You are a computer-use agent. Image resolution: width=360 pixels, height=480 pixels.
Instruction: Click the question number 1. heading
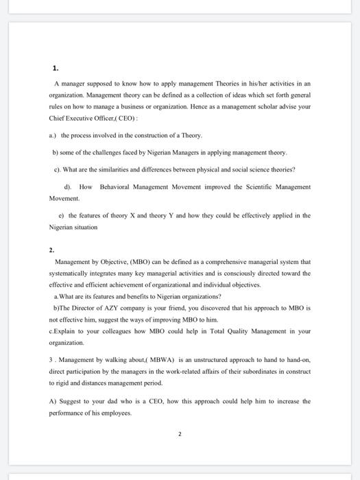point(56,68)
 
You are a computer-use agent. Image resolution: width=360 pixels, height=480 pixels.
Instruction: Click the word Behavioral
point(119,187)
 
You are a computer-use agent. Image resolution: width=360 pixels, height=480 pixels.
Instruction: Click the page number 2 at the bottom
point(180,434)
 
